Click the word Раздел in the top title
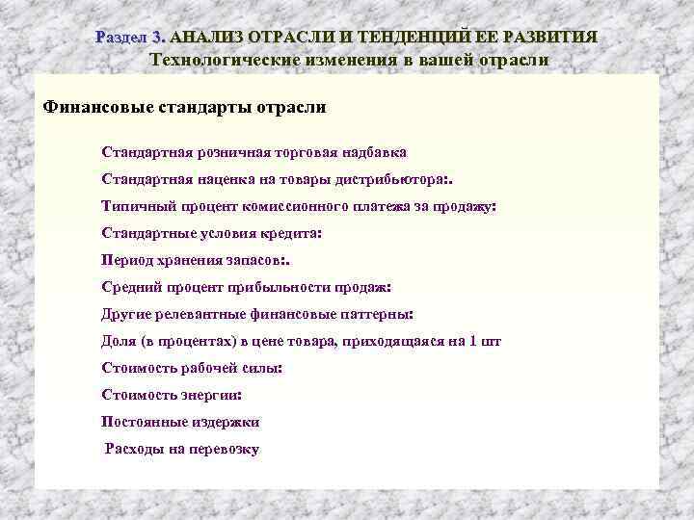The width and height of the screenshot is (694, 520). (x=121, y=37)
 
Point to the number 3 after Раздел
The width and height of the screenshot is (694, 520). (x=158, y=37)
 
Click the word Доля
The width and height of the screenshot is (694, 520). (x=119, y=341)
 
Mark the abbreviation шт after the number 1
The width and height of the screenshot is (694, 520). (x=492, y=341)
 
